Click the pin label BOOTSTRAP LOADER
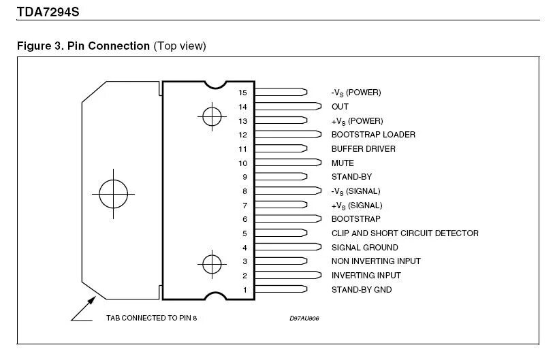372,135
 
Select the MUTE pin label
342,163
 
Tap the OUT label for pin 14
339,107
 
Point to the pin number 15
242,93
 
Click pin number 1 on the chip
245,290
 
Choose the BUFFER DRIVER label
363,149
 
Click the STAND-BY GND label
361,290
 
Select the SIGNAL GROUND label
364,248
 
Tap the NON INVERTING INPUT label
376,261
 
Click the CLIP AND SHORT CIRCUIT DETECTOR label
405,233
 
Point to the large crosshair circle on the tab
113,195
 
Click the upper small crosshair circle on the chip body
211,116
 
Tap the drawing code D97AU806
304,318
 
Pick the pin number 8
244,191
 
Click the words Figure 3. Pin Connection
83,46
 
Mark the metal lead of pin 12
286,135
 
